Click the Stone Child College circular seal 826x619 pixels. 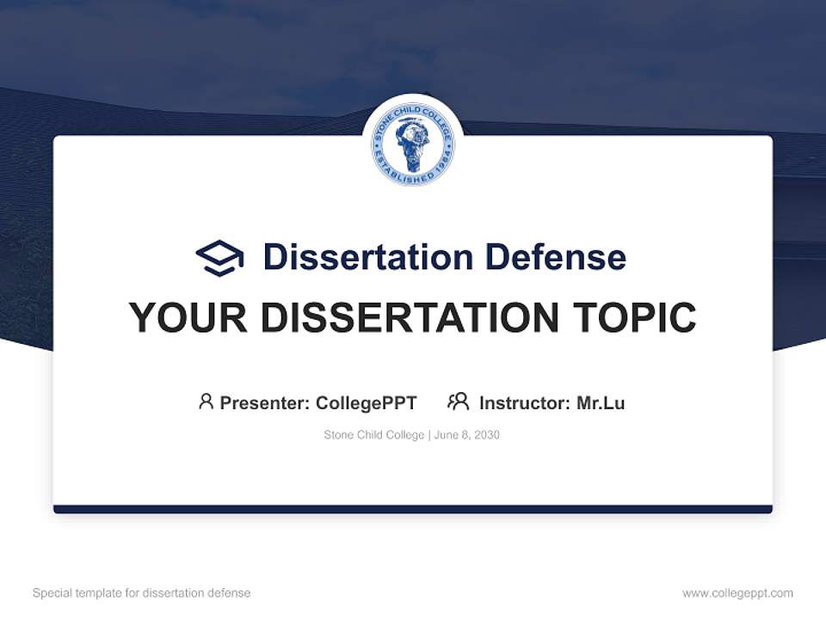point(413,144)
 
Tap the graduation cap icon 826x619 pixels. point(219,257)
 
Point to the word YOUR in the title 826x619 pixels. point(188,318)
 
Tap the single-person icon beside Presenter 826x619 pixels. point(206,401)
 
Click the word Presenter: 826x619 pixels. point(264,402)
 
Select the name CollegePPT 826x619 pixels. point(367,402)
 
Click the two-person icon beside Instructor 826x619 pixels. point(458,401)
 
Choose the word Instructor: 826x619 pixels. point(524,402)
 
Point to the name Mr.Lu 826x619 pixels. point(601,402)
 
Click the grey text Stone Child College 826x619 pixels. point(373,435)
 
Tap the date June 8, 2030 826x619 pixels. point(466,435)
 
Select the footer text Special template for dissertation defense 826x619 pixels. point(141,593)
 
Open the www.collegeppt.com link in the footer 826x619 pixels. point(737,593)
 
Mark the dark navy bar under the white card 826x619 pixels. point(413,509)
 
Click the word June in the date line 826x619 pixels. point(446,435)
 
